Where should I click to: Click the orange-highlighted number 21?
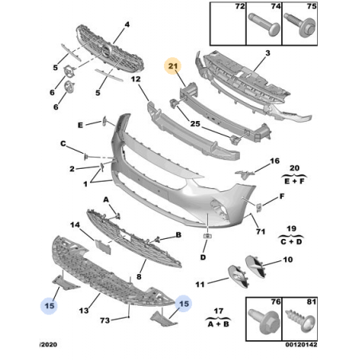(173, 65)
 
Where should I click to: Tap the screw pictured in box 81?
(300, 320)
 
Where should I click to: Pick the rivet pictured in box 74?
(264, 25)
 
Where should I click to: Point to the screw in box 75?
(300, 25)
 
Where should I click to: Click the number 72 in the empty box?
(240, 6)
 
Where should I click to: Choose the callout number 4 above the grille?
(127, 25)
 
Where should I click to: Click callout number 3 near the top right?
(268, 53)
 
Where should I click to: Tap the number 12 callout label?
(135, 79)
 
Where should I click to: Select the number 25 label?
(195, 123)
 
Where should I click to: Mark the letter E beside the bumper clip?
(80, 125)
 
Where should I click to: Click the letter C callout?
(63, 143)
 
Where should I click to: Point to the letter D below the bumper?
(203, 257)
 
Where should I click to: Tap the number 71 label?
(260, 232)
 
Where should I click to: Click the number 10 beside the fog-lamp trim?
(288, 260)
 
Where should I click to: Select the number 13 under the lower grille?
(84, 311)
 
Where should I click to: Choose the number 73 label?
(105, 320)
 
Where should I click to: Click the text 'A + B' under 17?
(218, 324)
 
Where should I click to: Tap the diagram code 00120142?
(301, 345)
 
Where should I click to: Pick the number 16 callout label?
(275, 161)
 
